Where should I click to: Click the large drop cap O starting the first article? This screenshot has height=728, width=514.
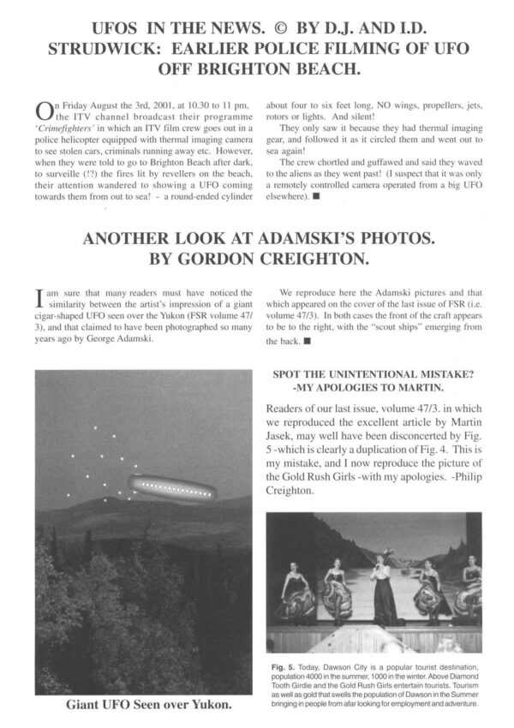[x=45, y=113]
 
